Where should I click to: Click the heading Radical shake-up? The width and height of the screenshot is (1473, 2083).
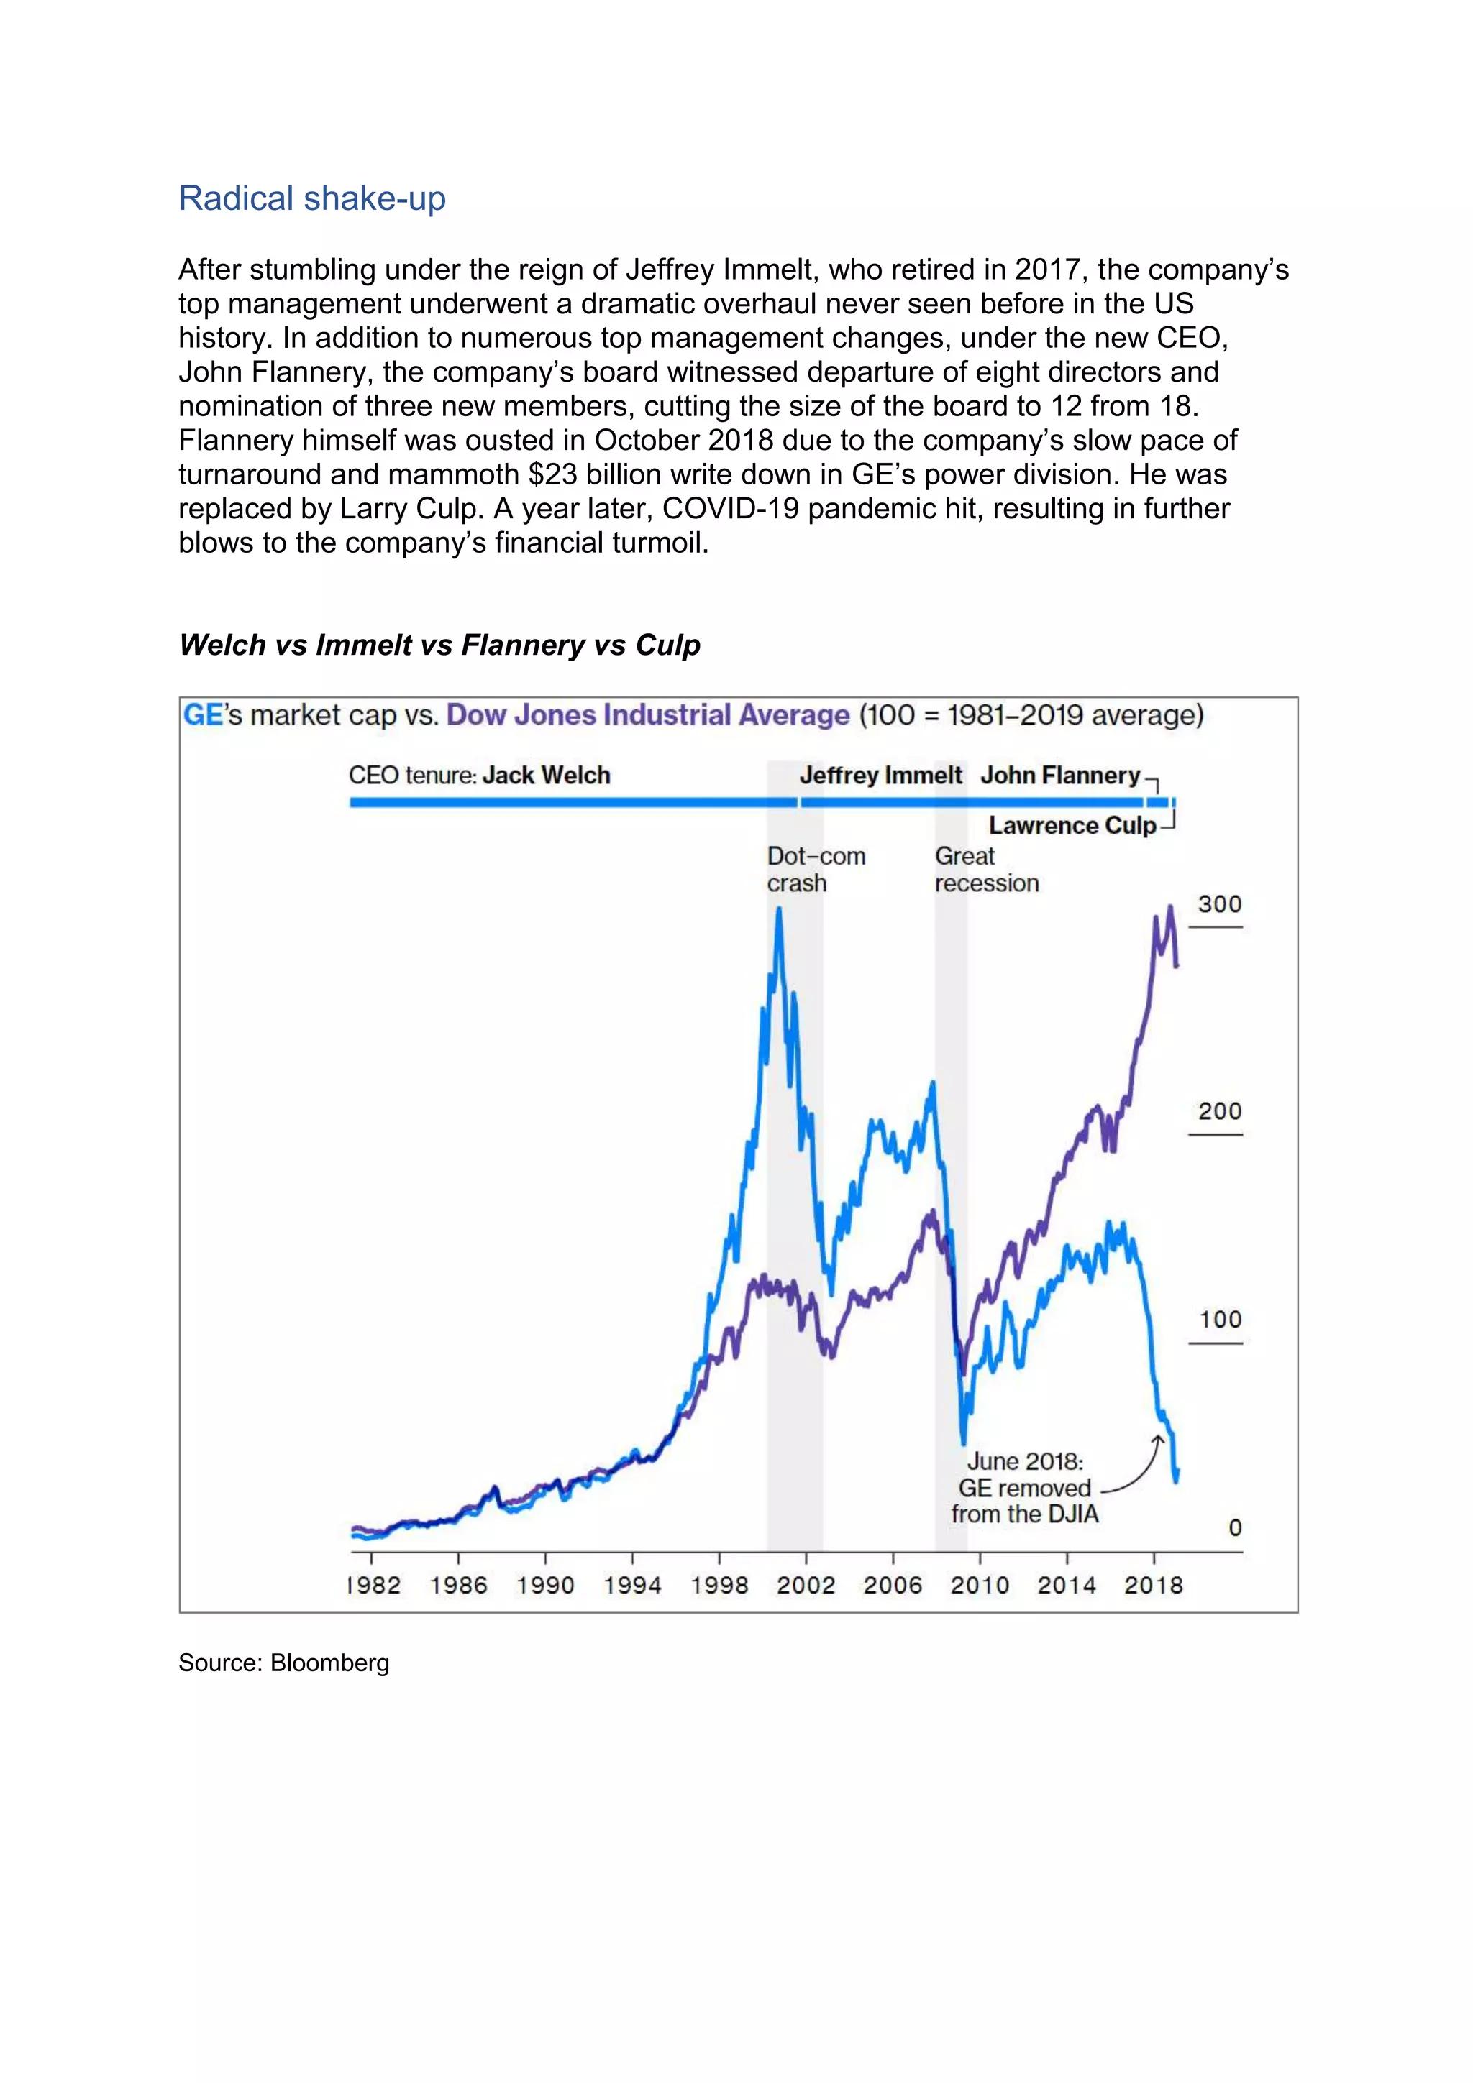[311, 198]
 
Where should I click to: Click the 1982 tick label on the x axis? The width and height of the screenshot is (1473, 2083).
[373, 1585]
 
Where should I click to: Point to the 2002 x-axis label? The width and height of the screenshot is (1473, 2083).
[805, 1585]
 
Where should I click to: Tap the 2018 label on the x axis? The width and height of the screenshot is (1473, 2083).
[1153, 1585]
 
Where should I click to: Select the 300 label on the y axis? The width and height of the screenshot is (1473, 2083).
[1219, 903]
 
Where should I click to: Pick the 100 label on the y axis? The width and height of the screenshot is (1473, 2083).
[1219, 1319]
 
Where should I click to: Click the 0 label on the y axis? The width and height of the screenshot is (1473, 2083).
[1234, 1528]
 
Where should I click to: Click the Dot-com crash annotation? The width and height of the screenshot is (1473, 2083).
[814, 869]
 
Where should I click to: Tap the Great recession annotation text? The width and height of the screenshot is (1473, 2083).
[985, 869]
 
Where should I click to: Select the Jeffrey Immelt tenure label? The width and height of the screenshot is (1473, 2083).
[880, 775]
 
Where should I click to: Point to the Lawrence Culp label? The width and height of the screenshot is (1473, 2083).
[1072, 826]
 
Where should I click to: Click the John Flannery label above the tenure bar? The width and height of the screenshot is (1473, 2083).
[1059, 775]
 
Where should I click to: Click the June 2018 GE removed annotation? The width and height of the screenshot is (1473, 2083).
[1025, 1488]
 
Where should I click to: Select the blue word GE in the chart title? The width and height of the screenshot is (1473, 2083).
[202, 715]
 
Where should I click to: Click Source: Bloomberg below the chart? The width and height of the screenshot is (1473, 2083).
[283, 1663]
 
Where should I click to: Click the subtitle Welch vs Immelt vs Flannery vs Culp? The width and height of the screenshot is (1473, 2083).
[439, 645]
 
